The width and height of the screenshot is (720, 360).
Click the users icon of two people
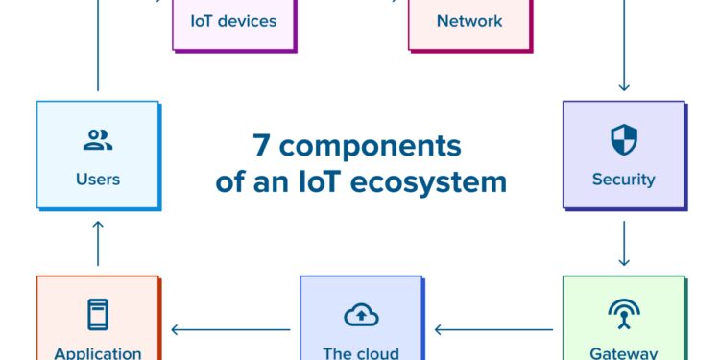tap(98, 141)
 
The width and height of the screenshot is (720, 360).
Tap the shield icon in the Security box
tap(624, 140)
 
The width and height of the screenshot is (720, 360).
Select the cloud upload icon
tap(361, 315)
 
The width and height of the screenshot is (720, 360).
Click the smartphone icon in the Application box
tap(98, 315)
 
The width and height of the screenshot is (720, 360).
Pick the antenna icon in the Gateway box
tap(624, 315)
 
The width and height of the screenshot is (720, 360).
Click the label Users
tap(98, 179)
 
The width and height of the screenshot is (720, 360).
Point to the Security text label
tap(624, 179)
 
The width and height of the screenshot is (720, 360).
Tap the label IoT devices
tap(233, 20)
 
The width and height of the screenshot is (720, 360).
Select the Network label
tap(469, 20)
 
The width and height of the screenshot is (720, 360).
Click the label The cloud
tap(361, 352)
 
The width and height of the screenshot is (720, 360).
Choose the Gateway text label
tap(624, 352)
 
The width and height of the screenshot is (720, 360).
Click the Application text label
tap(98, 352)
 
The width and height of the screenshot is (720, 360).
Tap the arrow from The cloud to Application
tap(230, 330)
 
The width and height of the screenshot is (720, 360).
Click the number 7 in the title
tap(261, 147)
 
